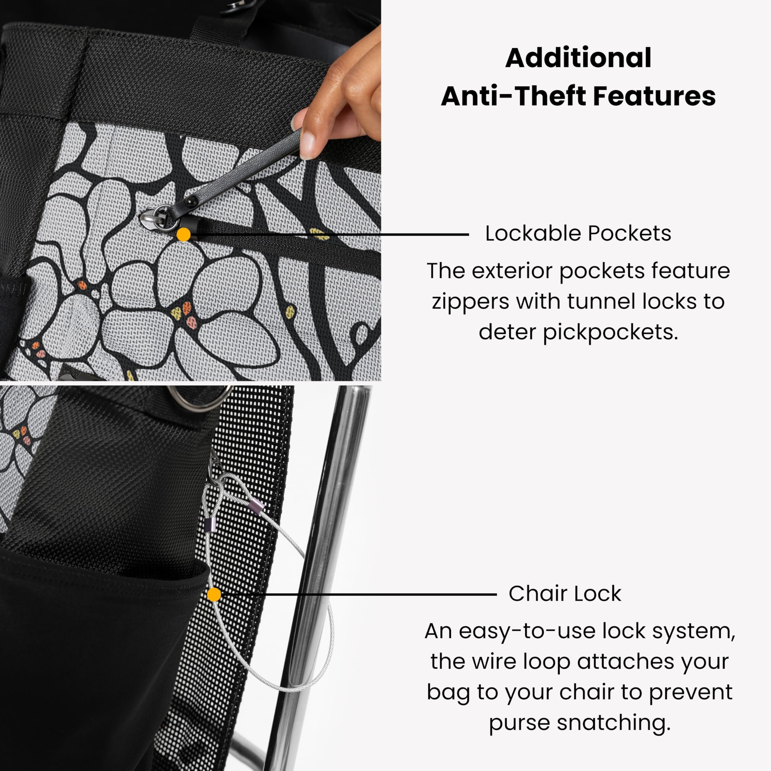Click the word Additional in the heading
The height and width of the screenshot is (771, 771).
[x=578, y=58]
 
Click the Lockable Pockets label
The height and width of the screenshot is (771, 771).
[x=578, y=233]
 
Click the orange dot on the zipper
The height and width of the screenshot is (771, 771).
[x=184, y=235]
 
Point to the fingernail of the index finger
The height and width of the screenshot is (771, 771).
[x=307, y=145]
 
